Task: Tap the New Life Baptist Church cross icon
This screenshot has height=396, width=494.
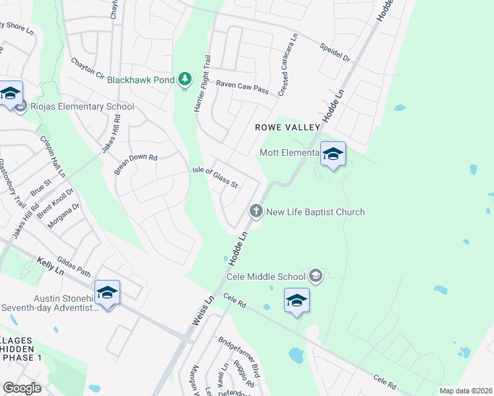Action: click(x=256, y=212)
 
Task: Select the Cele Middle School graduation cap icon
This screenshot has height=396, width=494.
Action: click(x=316, y=277)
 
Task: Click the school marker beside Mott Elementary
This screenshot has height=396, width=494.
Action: click(x=333, y=155)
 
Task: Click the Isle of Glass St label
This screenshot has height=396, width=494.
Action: click(x=215, y=178)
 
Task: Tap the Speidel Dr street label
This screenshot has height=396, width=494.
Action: click(x=334, y=52)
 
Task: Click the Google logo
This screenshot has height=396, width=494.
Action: click(x=22, y=387)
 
